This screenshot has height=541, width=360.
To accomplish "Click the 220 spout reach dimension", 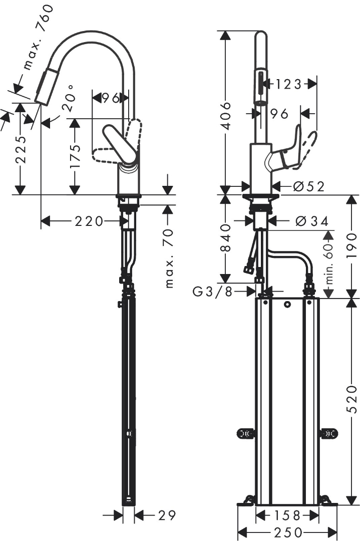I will pyautogui.click(x=89, y=221).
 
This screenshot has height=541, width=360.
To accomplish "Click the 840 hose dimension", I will pyautogui.click(x=226, y=237).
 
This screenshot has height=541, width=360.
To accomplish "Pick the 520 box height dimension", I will pyautogui.click(x=352, y=399).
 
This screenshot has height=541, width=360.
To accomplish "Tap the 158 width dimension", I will pyautogui.click(x=287, y=514).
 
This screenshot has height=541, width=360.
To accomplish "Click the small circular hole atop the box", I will pyautogui.click(x=288, y=304).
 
